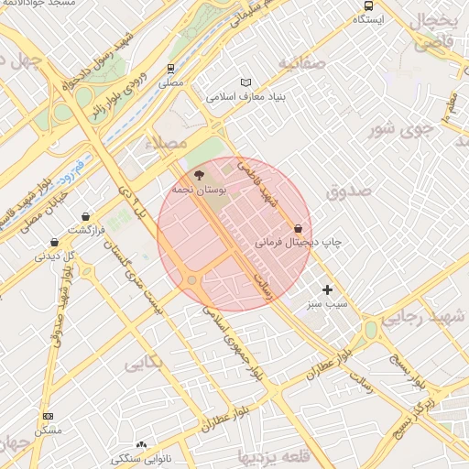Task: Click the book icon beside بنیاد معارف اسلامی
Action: click(245, 82)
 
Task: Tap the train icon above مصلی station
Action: click(170, 69)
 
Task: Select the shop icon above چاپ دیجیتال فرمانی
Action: click(299, 228)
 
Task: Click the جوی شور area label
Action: click(399, 129)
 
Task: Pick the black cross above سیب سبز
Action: click(328, 289)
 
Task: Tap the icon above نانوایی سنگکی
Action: click(141, 443)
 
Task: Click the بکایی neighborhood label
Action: click(143, 362)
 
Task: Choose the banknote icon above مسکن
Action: click(48, 416)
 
